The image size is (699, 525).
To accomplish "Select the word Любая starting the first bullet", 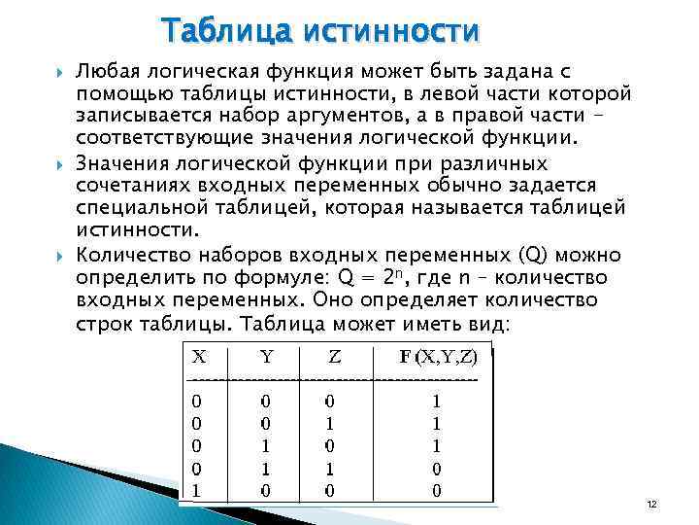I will click(107, 72).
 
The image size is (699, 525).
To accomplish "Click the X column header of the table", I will click(197, 357).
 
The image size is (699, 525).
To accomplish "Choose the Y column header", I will click(264, 357).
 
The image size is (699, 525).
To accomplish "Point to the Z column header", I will click(334, 357).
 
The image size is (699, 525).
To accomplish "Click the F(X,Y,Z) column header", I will click(438, 357).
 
